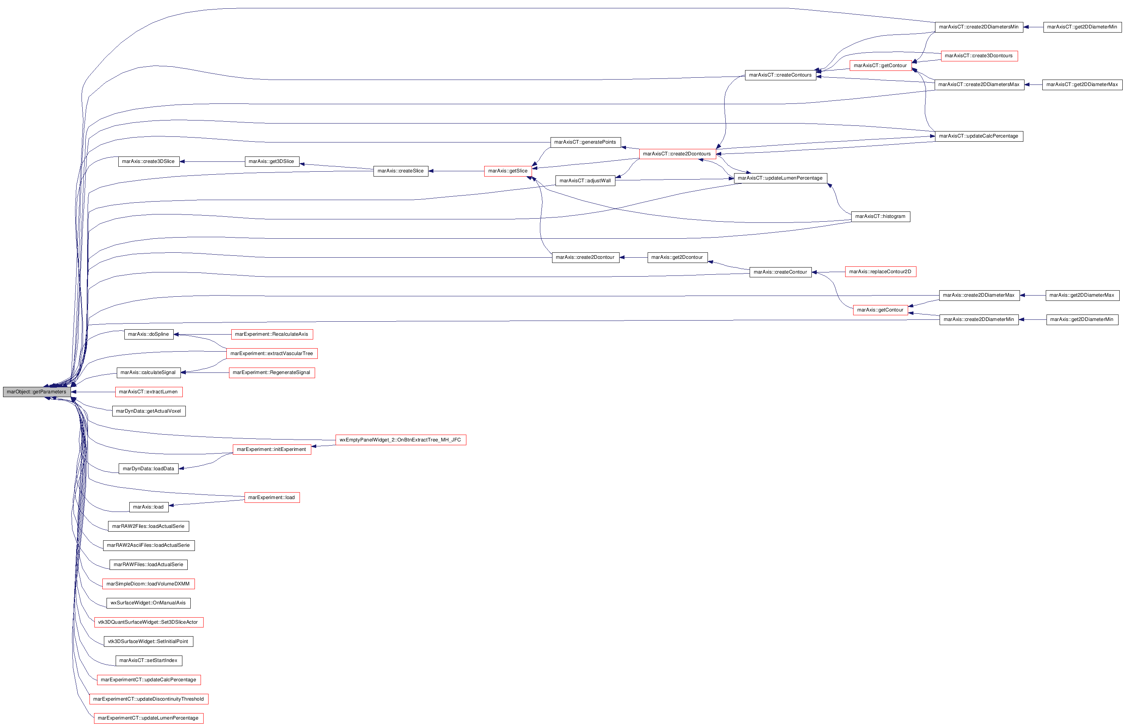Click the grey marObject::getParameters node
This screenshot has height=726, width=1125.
point(37,392)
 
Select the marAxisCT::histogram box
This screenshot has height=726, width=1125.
point(880,216)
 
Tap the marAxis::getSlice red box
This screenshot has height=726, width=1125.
point(508,171)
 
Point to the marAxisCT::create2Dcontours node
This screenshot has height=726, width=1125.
point(677,154)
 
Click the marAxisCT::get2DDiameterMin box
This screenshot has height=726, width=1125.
point(1082,27)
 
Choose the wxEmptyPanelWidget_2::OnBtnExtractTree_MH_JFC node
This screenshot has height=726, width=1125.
point(400,440)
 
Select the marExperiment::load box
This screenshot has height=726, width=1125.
point(272,498)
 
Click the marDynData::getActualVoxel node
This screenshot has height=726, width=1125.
point(149,411)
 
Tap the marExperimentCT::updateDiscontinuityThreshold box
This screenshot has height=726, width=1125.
point(149,699)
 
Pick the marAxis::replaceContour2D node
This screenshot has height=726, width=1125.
point(880,272)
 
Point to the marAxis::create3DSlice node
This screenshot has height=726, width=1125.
point(149,162)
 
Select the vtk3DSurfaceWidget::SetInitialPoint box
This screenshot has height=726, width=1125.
point(149,642)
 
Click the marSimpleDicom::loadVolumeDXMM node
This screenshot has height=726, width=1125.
point(149,584)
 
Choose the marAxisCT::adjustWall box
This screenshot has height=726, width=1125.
point(585,181)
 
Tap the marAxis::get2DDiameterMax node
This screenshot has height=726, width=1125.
point(1082,295)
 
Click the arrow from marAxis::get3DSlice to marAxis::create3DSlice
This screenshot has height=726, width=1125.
point(212,162)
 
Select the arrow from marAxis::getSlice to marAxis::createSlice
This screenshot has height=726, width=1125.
point(456,171)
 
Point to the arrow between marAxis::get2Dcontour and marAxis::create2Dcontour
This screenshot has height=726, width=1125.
point(634,257)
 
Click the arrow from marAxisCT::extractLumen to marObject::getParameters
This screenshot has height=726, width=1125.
point(93,392)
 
